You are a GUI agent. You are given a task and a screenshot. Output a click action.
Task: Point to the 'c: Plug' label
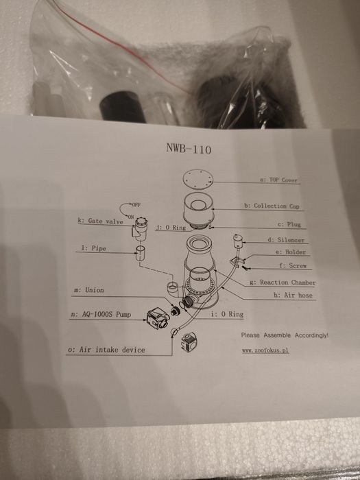(x=290, y=224)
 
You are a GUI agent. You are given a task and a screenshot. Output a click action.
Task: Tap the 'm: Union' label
(x=88, y=291)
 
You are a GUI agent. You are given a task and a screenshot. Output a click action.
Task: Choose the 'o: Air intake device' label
(x=106, y=350)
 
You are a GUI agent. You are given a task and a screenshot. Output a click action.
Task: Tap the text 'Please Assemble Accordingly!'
(x=285, y=335)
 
